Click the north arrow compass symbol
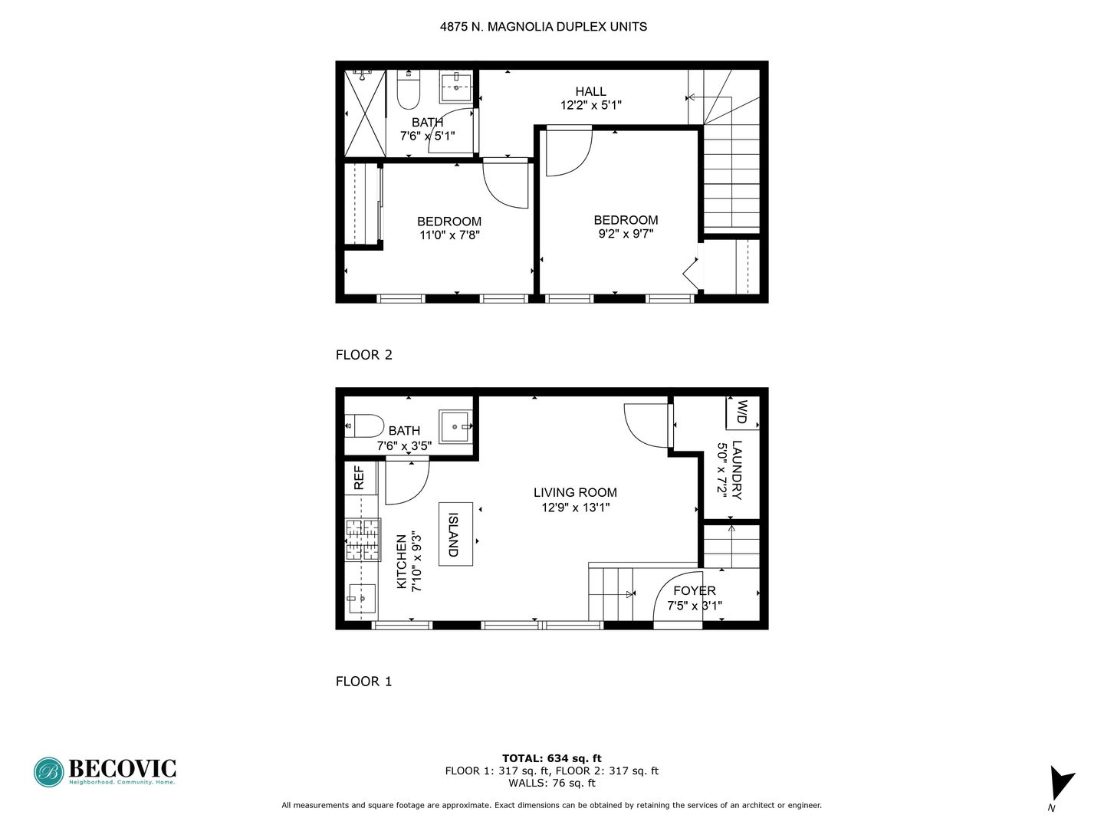[x=1061, y=784]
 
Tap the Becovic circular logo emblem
[x=48, y=772]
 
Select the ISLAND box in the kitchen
[x=455, y=534]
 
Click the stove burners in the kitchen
[x=363, y=540]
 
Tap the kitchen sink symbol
[x=361, y=598]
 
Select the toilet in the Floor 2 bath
[x=409, y=90]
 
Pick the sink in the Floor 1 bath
[x=457, y=426]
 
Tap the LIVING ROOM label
[x=575, y=493]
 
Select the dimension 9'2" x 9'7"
[x=626, y=235]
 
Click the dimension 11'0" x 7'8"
[x=449, y=236]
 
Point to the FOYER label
[x=695, y=591]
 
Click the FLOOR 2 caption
[x=364, y=355]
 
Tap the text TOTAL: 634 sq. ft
[x=552, y=758]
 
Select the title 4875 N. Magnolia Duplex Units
[x=544, y=27]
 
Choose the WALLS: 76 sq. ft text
[x=552, y=783]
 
